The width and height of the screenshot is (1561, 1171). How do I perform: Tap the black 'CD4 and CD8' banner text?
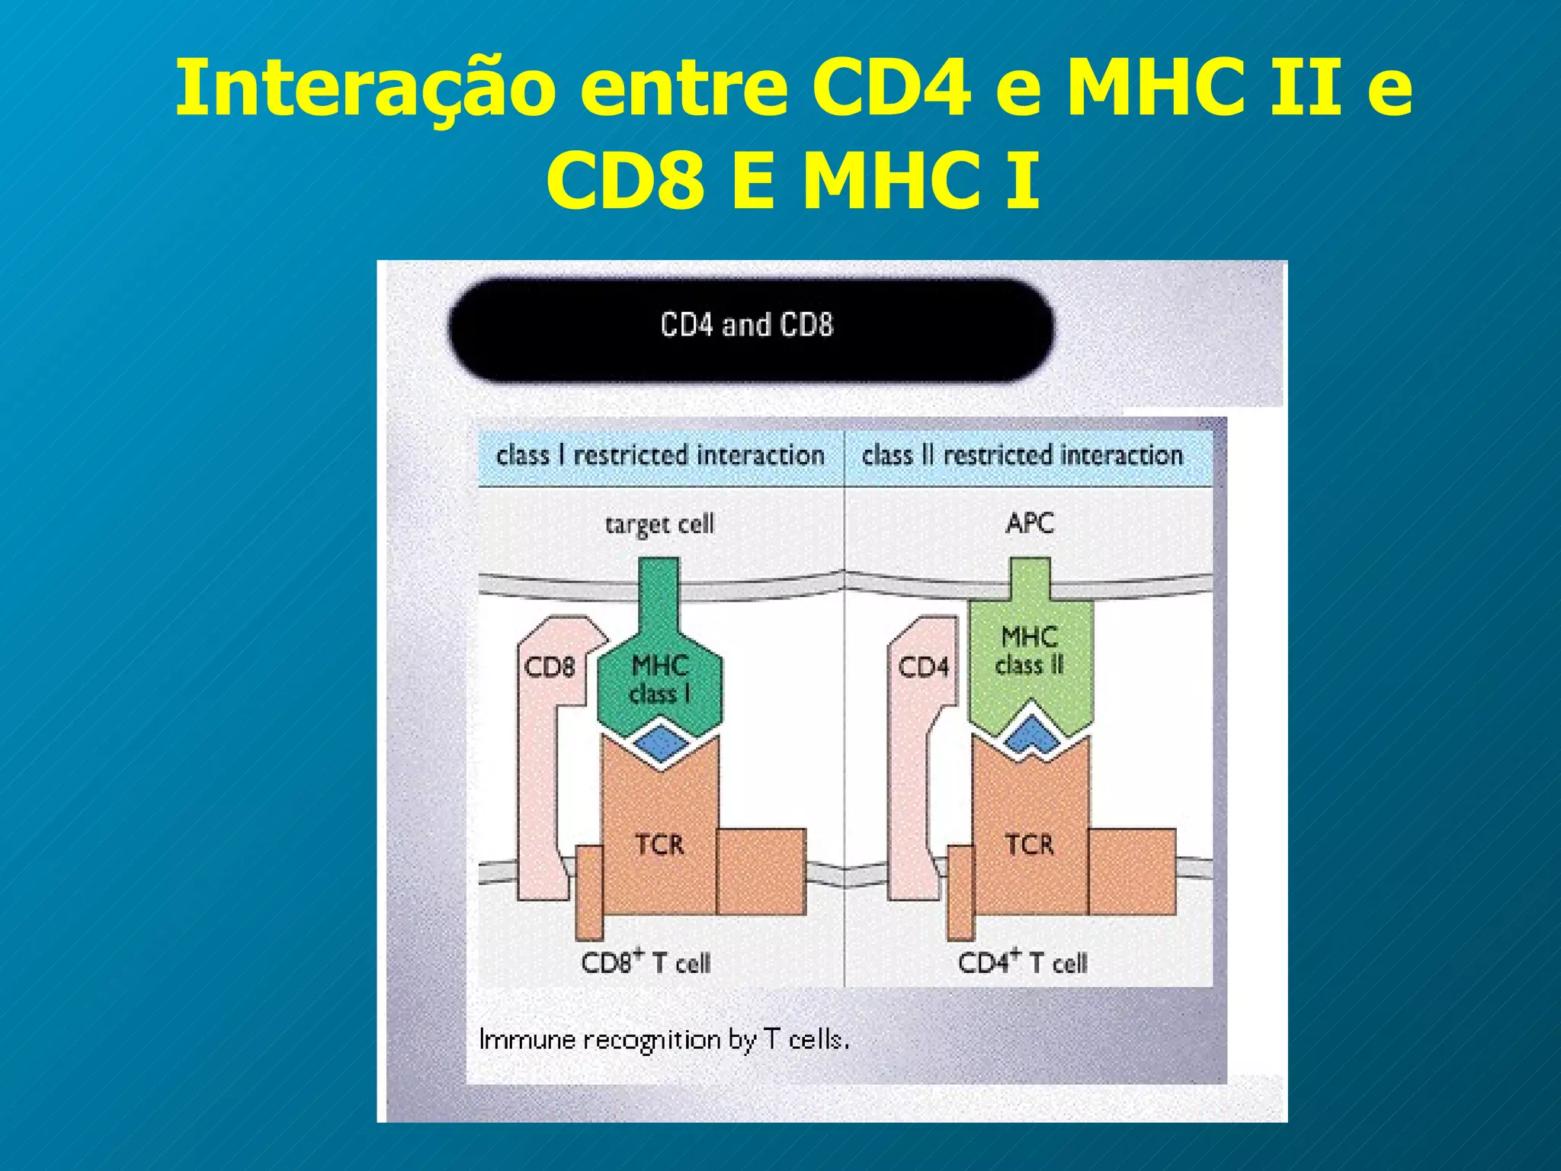tap(747, 326)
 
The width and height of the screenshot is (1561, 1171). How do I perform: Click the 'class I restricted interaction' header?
tap(660, 456)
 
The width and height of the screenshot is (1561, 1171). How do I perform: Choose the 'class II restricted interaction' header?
tap(1022, 456)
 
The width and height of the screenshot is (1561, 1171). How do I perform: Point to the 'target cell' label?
tap(659, 525)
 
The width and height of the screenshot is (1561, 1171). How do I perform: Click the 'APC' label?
tap(1030, 524)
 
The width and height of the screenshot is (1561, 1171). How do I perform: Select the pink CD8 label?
tap(550, 667)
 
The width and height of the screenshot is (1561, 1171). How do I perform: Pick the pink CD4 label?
tap(923, 667)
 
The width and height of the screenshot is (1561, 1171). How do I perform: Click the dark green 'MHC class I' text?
tap(660, 679)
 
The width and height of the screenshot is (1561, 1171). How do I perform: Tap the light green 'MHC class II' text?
tap(1030, 650)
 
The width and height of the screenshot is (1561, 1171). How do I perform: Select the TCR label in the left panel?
tap(660, 845)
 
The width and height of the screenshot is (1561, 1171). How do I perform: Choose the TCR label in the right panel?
tap(1030, 845)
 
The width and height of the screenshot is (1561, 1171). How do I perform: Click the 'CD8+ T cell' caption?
tap(646, 962)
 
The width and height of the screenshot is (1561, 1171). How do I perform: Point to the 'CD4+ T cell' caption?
tap(1022, 962)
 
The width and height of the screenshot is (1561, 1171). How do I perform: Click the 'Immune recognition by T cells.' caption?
tap(664, 1040)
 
